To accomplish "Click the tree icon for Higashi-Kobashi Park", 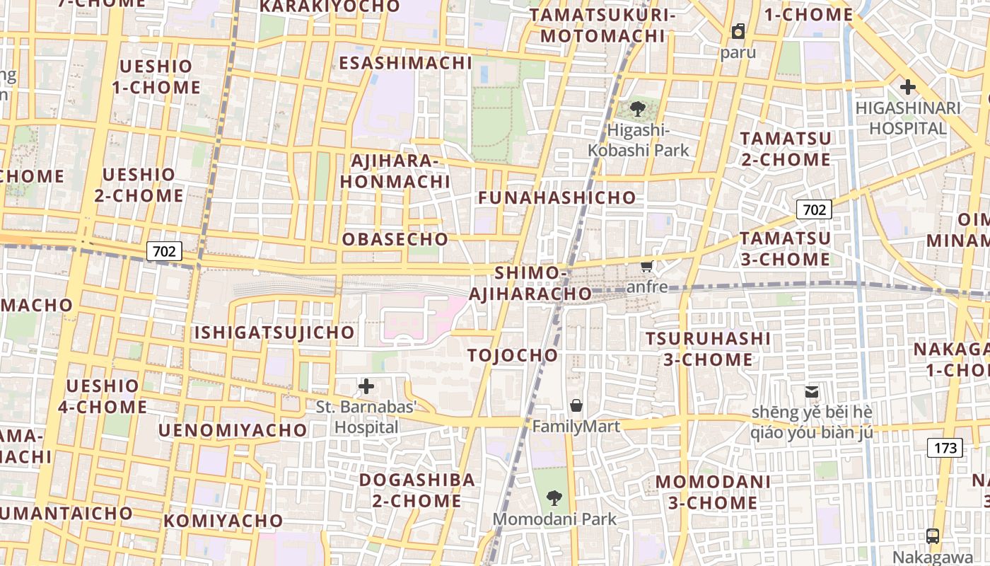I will (x=638, y=109).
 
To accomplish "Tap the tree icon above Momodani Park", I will (x=554, y=498).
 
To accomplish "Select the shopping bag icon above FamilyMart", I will (x=576, y=405).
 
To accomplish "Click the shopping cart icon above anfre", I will (x=646, y=266).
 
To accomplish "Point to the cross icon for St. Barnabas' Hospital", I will (x=366, y=386).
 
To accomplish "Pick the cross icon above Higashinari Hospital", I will (x=907, y=88).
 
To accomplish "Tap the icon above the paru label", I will (x=738, y=31).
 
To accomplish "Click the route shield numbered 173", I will (x=945, y=448).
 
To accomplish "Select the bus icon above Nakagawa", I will (x=933, y=536).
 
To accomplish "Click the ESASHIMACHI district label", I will (x=405, y=63).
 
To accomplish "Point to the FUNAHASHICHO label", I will (x=557, y=198).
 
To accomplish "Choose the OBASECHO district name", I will (x=395, y=239).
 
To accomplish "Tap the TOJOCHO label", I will (x=513, y=355).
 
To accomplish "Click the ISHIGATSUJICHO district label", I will (x=274, y=333).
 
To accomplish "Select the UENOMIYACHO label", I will (x=233, y=430).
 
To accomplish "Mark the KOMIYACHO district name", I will (x=223, y=521).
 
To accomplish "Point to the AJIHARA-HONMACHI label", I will (x=395, y=171).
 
